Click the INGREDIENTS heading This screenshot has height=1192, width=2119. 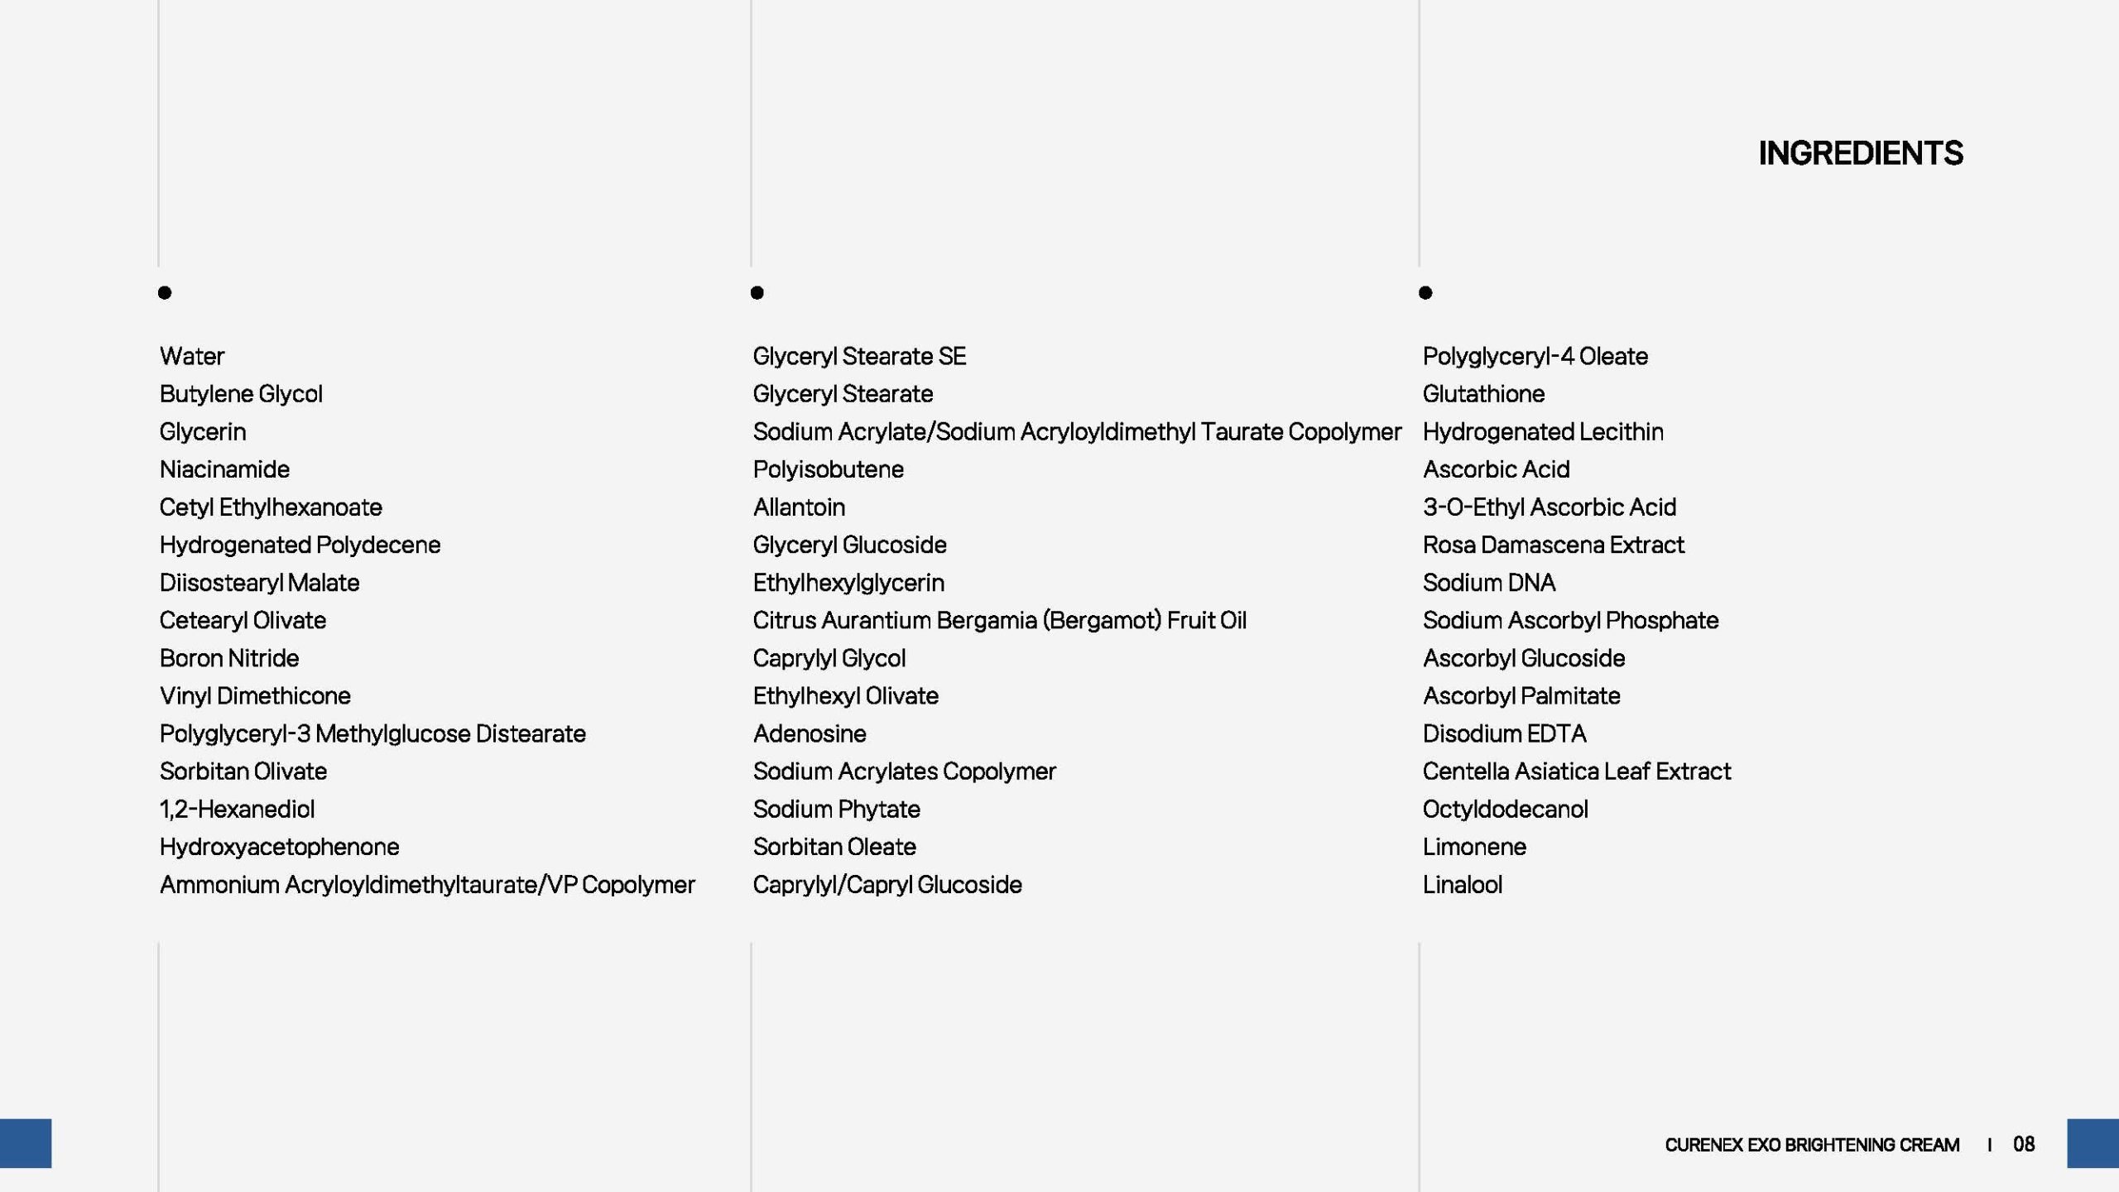pyautogui.click(x=1860, y=153)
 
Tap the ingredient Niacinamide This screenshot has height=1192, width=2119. pyautogui.click(x=224, y=469)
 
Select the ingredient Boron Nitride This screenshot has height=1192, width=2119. pyautogui.click(x=229, y=658)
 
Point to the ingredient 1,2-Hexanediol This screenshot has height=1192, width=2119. pyautogui.click(x=237, y=809)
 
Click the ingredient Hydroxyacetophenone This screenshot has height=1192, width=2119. pyautogui.click(x=279, y=847)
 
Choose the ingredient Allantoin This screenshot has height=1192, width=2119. pyautogui.click(x=799, y=507)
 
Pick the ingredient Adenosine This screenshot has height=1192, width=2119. pyautogui.click(x=810, y=733)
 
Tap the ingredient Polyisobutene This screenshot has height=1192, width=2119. pyautogui.click(x=828, y=469)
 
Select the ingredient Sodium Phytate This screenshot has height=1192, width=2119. pyautogui.click(x=836, y=809)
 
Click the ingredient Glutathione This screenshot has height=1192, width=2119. pyautogui.click(x=1483, y=394)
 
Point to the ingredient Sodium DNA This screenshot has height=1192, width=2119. pyautogui.click(x=1489, y=583)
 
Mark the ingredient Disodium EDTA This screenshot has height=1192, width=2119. pyautogui.click(x=1504, y=733)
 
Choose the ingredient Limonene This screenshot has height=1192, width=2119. pyautogui.click(x=1474, y=847)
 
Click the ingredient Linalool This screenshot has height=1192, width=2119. pyautogui.click(x=1462, y=885)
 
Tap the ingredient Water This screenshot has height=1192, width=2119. pyautogui.click(x=192, y=357)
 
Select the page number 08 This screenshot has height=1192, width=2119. pyautogui.click(x=2024, y=1144)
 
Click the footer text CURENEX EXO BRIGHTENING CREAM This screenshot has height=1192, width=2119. pyautogui.click(x=1812, y=1145)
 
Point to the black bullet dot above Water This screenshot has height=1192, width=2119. pyautogui.click(x=165, y=292)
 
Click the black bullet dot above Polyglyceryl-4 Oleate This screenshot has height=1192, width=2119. pyautogui.click(x=1425, y=292)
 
